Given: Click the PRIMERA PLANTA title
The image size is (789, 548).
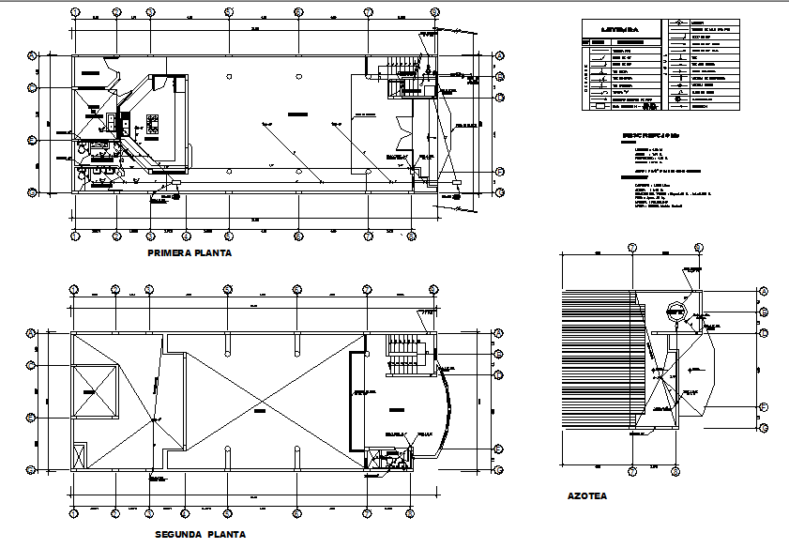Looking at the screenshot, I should click(x=190, y=253).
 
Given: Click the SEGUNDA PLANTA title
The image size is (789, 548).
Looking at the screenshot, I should click(x=200, y=534).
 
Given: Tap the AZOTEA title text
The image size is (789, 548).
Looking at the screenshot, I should click(x=587, y=495).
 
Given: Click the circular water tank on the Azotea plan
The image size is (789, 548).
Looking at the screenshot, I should click(x=675, y=313).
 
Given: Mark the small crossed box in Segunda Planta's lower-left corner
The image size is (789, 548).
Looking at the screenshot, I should click(x=80, y=455).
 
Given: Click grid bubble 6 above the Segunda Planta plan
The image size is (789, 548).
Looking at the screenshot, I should click(x=298, y=290).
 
